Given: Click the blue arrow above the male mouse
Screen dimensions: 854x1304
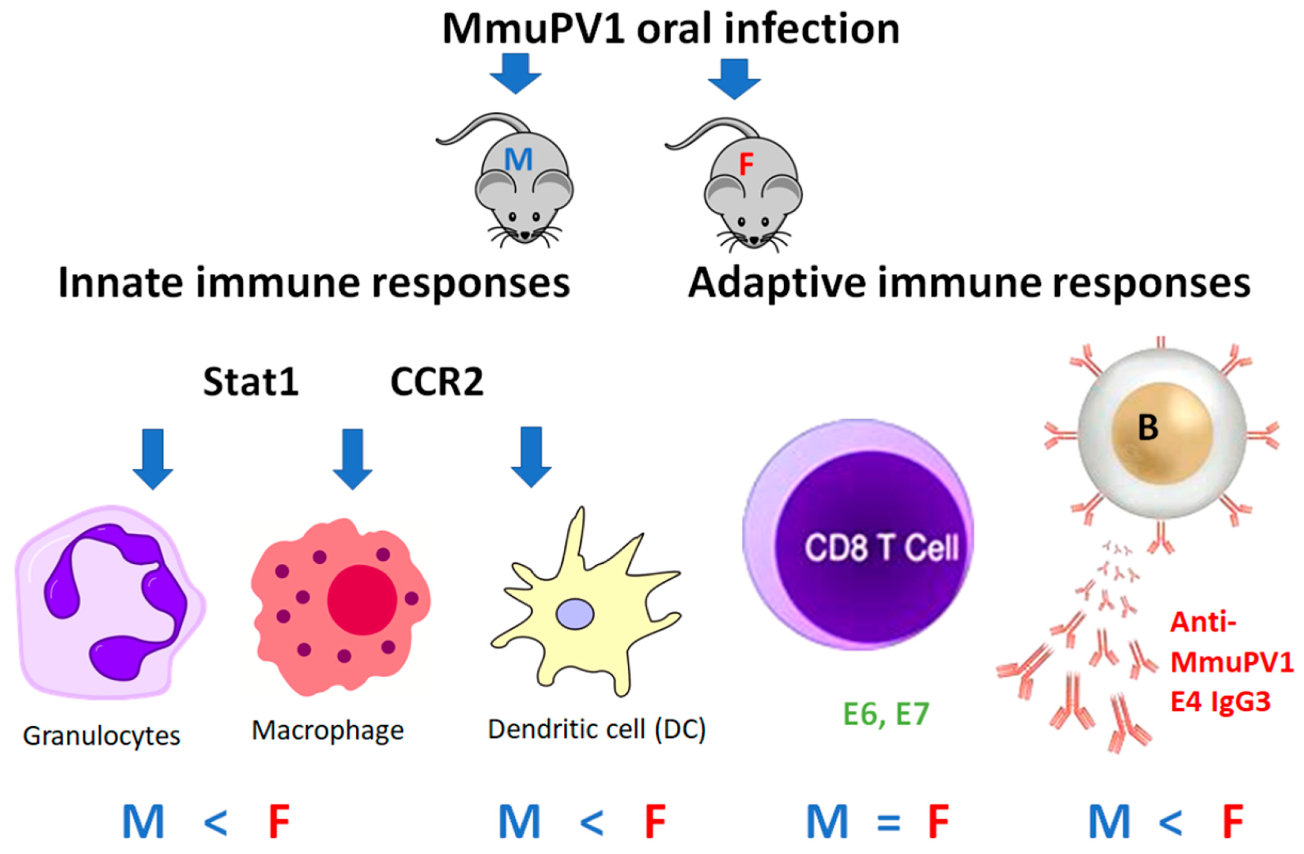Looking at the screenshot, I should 515,74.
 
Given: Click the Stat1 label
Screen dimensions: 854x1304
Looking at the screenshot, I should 251,382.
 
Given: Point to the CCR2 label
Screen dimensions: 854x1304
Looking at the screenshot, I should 437,382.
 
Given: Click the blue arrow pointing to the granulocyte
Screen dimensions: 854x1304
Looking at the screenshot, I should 153,458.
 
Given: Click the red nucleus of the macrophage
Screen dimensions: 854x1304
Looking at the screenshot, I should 362,600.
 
